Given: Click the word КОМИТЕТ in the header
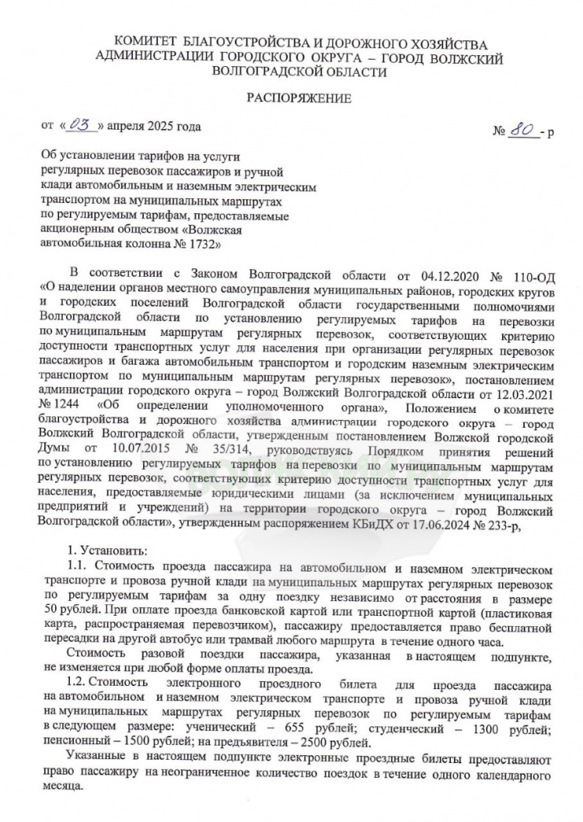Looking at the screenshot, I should point(145,41).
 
